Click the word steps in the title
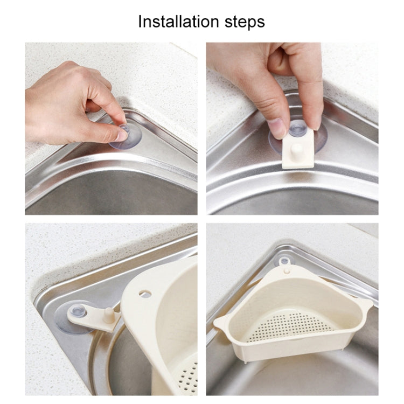coord(245,23)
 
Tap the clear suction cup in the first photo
coord(126,136)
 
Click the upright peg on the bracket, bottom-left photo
coord(109,315)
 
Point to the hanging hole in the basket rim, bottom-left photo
coord(145,293)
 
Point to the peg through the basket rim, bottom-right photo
coord(286,271)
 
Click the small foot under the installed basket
coord(246,361)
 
